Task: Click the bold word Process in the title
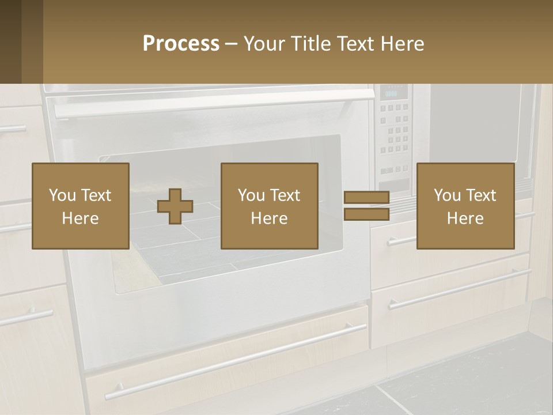181,44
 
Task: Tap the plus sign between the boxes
175,206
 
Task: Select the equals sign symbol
366,206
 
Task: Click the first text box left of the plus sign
80,206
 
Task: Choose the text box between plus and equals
269,206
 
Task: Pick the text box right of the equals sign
465,206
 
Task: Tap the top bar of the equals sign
366,198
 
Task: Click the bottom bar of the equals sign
366,214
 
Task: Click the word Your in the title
262,44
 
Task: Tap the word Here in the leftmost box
80,218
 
